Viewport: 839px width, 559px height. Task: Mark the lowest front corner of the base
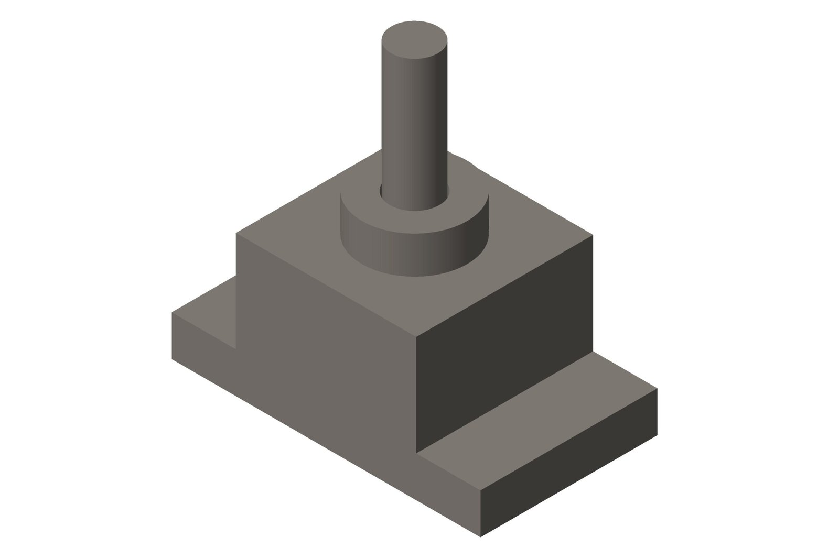pyautogui.click(x=480, y=536)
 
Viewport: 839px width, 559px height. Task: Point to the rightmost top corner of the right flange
pyautogui.click(x=657, y=389)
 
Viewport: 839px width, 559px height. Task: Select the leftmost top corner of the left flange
pyautogui.click(x=173, y=313)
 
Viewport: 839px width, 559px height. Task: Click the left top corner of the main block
pyautogui.click(x=236, y=234)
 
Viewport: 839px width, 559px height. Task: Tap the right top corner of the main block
pyautogui.click(x=593, y=235)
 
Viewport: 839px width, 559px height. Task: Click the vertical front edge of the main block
pyautogui.click(x=416, y=393)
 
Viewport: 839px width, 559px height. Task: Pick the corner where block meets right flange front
pyautogui.click(x=416, y=453)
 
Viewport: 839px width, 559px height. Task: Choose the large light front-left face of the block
pyautogui.click(x=325, y=367)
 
